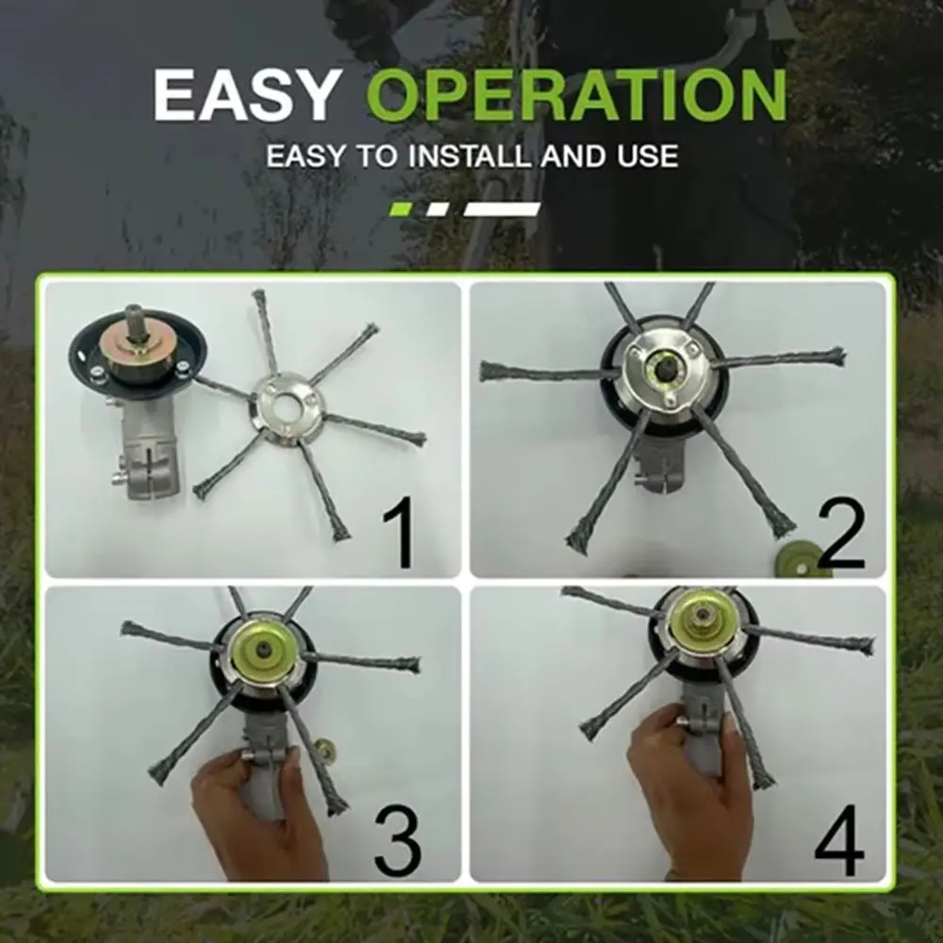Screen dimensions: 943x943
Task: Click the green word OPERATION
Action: coord(576,94)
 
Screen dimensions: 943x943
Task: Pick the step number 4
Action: coord(838,839)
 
